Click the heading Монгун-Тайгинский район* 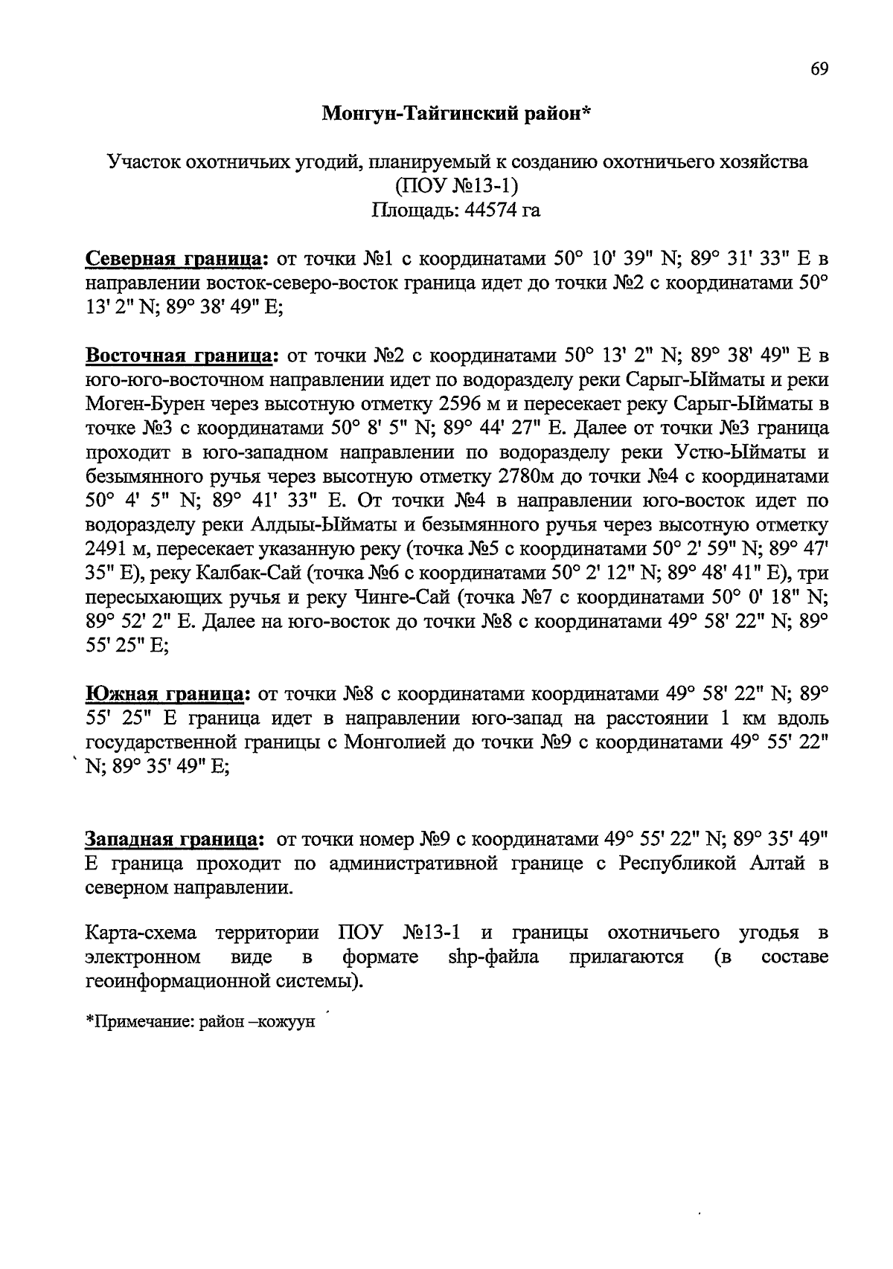tap(456, 113)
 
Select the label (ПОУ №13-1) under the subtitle tap(455, 186)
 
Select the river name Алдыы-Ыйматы tap(322, 525)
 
